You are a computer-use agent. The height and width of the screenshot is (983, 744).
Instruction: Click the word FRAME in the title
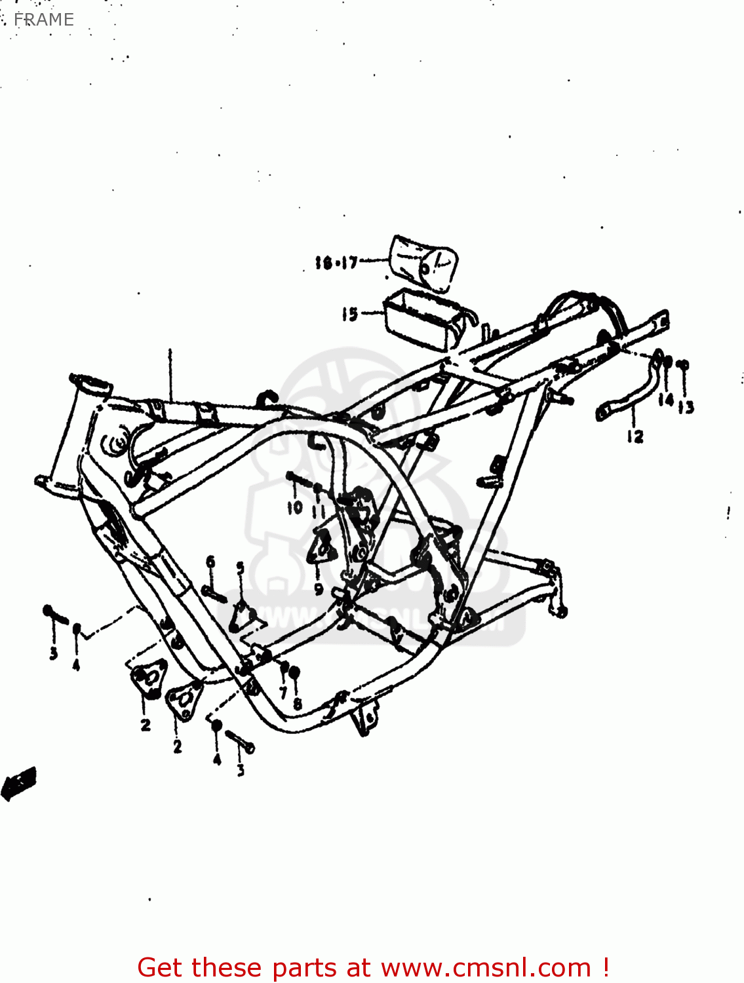click(43, 20)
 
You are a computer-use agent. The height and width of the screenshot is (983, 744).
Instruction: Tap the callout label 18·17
click(336, 263)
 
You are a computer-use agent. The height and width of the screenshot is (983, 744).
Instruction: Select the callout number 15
click(349, 315)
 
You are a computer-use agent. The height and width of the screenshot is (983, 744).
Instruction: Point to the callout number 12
click(635, 436)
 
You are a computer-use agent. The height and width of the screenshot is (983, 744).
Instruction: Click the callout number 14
click(666, 399)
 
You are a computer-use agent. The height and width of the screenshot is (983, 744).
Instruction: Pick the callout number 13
click(686, 408)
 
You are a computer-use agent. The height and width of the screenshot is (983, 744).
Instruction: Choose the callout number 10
click(295, 507)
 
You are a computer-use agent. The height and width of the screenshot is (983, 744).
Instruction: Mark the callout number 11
click(319, 511)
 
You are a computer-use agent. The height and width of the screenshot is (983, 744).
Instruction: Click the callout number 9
click(319, 588)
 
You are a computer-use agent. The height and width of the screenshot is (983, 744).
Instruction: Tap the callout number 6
click(210, 562)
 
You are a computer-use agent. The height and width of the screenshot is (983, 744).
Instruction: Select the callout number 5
click(240, 568)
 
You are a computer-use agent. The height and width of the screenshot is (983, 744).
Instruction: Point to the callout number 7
click(283, 691)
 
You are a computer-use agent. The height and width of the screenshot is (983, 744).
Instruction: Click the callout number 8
click(298, 704)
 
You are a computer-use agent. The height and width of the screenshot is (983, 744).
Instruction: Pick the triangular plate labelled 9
click(322, 547)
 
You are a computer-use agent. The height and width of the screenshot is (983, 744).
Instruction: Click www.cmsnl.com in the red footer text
click(486, 967)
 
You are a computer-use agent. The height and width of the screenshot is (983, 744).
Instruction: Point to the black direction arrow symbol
click(19, 782)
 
